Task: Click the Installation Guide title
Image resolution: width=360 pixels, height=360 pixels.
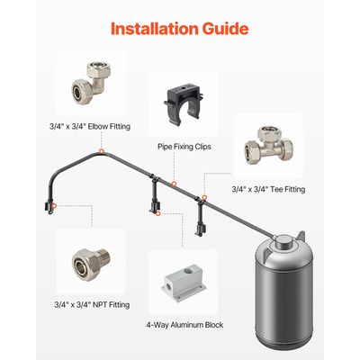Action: [179, 28]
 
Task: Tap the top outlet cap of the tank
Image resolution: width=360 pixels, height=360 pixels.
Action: [283, 238]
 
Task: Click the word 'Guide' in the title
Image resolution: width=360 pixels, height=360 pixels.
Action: [217, 28]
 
